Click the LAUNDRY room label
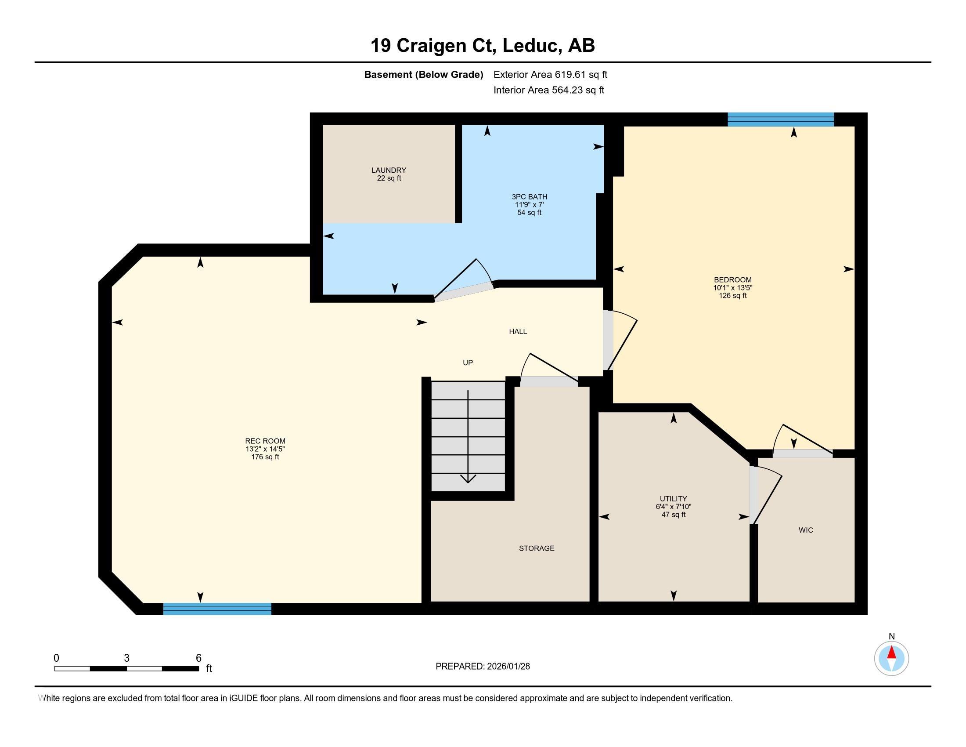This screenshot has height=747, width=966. point(389,170)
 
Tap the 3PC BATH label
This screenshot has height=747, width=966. point(530,197)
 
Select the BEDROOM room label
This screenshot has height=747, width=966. point(733,279)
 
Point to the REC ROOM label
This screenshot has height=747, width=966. point(265,441)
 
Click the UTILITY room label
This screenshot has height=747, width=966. point(674,499)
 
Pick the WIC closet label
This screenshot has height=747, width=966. point(806,530)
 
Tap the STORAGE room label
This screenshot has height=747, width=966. point(537,548)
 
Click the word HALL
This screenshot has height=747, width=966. point(518,331)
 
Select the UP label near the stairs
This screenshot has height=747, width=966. point(468,363)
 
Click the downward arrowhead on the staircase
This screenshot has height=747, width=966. point(468,479)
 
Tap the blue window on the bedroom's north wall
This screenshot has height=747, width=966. point(781,120)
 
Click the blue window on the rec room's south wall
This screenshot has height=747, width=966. point(217,609)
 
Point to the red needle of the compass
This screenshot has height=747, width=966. point(892,653)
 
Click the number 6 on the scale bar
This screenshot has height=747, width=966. point(198,658)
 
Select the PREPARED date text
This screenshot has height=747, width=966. point(483,667)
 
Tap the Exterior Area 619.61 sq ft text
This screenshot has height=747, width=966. point(550,75)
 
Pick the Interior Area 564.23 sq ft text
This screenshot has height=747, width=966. point(549,90)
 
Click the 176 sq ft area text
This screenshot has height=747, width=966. point(265,457)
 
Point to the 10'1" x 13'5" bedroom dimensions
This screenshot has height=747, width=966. point(733,288)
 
